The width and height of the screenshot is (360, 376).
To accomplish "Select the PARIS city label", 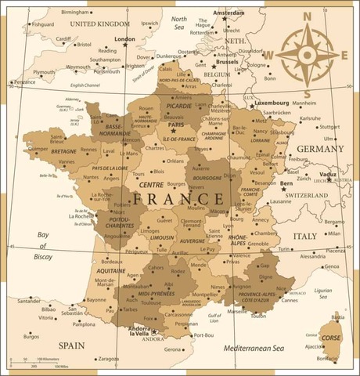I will [x=176, y=124].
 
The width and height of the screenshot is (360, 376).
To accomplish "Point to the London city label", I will [x=124, y=38].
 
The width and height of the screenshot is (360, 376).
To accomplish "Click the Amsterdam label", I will [x=229, y=13].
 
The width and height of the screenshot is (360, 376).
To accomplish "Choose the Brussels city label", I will [x=226, y=61].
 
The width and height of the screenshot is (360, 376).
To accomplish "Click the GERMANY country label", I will [x=320, y=148].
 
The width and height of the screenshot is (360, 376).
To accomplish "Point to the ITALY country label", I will [x=304, y=236].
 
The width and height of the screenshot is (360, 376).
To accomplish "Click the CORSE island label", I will [x=331, y=338].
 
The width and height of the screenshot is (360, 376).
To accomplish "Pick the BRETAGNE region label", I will [x=64, y=150].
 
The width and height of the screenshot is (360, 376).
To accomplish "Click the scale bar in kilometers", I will [x=35, y=362].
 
